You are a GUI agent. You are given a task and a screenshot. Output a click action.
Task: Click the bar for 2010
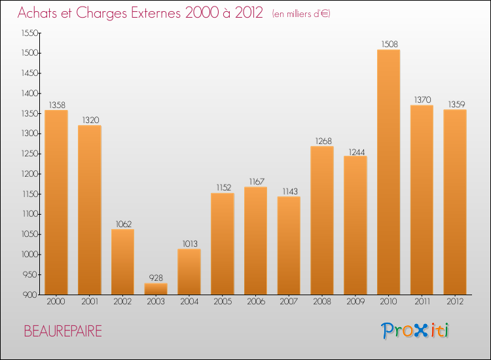coord(388,172)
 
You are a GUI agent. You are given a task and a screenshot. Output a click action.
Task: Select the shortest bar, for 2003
coord(156,288)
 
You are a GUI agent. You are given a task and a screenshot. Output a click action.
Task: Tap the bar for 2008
coord(322,220)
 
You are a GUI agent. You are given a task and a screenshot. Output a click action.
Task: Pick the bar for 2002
coord(122,261)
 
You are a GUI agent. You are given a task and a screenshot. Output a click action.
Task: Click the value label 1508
coord(388,45)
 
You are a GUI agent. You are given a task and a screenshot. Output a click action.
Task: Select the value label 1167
coord(255,181)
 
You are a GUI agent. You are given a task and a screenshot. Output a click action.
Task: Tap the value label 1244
coord(355,151)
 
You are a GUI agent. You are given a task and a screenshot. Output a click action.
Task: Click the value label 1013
coord(189,243)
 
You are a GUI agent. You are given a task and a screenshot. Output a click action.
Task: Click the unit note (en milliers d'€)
coord(300,14)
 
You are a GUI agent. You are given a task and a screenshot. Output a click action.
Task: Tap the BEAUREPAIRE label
coord(63,331)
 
